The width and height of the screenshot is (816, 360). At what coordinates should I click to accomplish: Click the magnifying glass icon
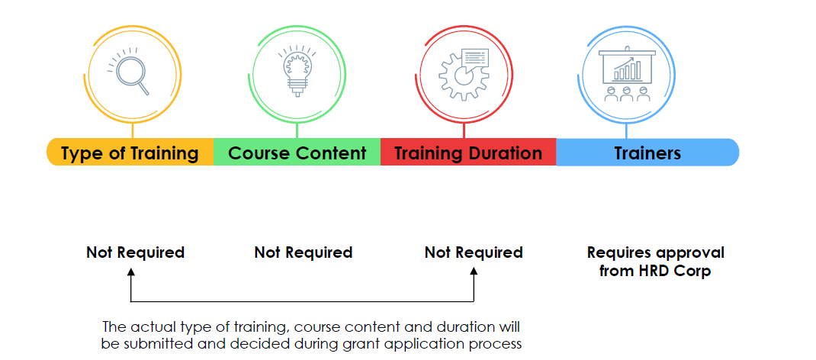coord(130,72)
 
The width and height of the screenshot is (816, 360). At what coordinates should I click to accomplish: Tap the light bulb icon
coord(297,71)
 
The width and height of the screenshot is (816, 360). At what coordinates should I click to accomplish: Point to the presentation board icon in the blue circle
coord(627,73)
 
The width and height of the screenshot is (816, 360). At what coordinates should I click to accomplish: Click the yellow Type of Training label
coord(130,153)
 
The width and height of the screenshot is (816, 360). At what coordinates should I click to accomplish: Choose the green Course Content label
coord(297,153)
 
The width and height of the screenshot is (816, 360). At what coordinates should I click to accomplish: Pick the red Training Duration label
coord(468,153)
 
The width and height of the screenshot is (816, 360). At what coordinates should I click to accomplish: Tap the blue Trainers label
coord(647,153)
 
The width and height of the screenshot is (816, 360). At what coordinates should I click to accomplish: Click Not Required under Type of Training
coord(135,252)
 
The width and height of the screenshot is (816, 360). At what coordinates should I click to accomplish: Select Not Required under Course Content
coord(304,252)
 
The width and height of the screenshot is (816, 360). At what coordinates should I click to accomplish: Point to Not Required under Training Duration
coord(474,252)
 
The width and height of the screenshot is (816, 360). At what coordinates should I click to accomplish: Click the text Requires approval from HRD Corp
coord(655,262)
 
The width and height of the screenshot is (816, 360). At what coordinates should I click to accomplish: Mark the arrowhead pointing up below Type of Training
coord(130,272)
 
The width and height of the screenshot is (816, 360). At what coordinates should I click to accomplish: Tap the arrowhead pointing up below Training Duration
coord(474,272)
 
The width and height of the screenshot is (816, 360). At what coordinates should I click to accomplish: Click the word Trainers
coord(647,153)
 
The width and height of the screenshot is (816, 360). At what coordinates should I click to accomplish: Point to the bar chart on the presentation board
coord(627,69)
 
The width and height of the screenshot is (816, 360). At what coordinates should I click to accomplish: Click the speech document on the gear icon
coord(475,57)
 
